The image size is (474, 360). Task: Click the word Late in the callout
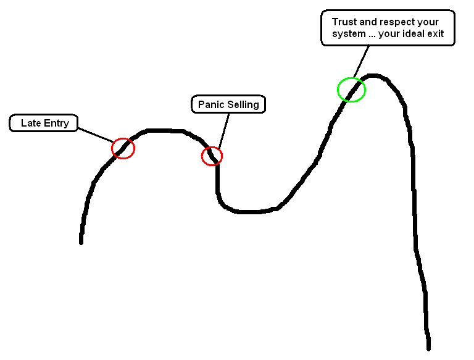pos(30,123)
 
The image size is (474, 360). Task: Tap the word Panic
pos(210,104)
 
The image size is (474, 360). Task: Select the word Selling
pos(243,104)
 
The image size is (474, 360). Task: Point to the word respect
pos(399,22)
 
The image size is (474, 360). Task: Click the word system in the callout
pos(348,34)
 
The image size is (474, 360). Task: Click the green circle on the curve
pos(351,90)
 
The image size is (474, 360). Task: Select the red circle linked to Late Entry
pos(123,148)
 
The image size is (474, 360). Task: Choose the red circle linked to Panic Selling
pos(212,156)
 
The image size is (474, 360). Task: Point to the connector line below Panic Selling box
pos(222,130)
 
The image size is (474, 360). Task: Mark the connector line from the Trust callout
pos(362,62)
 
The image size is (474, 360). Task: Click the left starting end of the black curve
pos(81,241)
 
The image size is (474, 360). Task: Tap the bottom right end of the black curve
pos(428,347)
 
